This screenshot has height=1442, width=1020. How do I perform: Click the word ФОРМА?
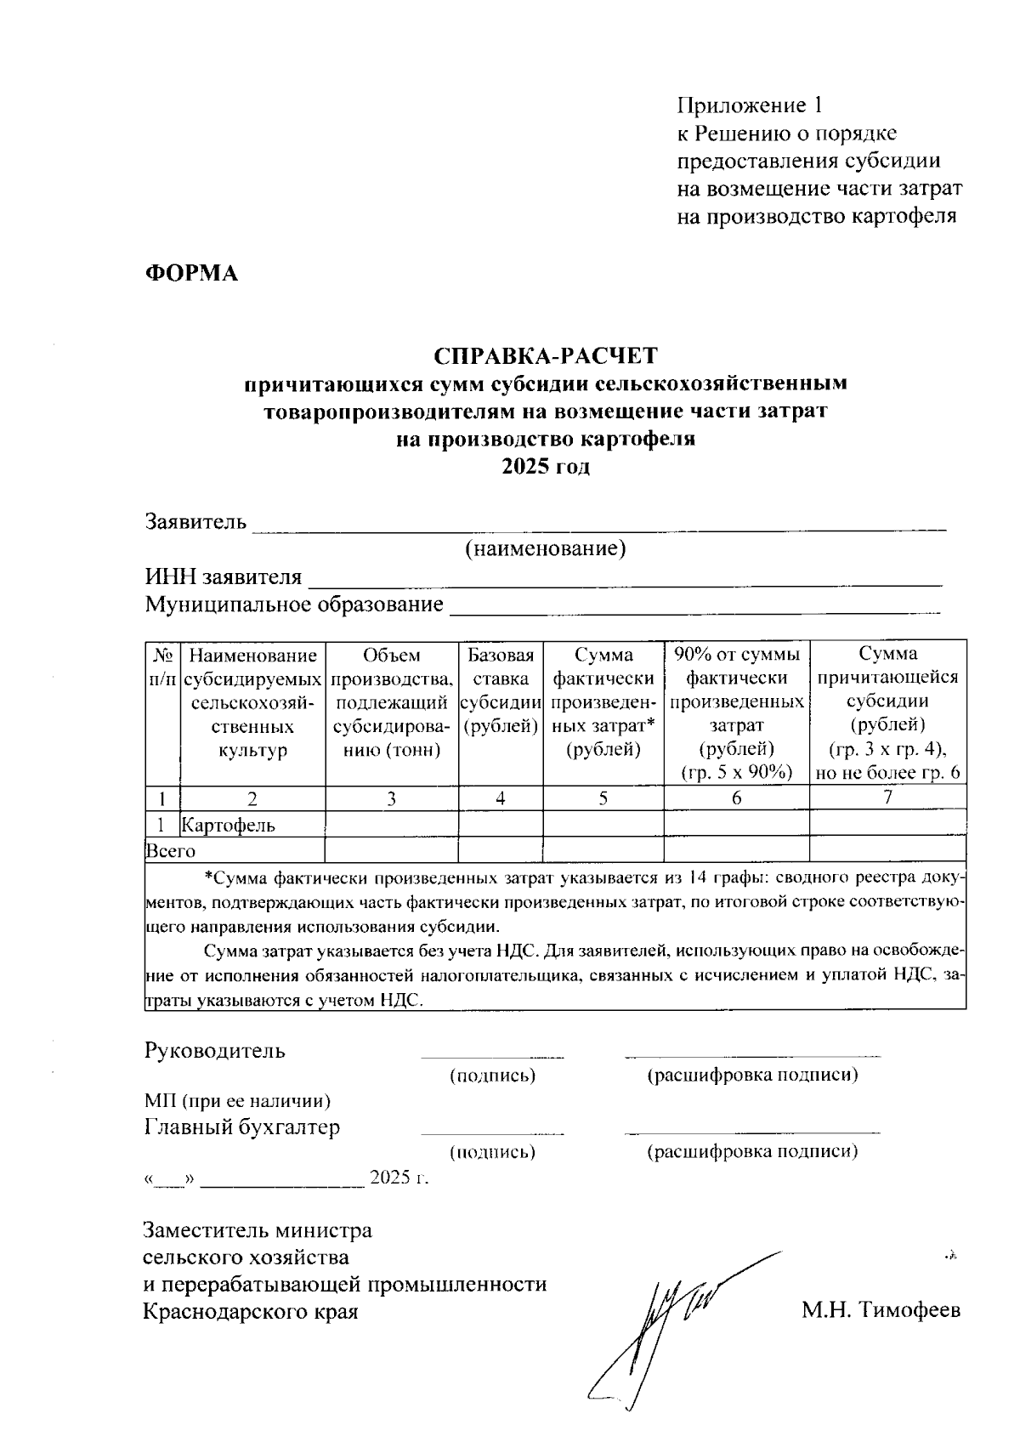[x=190, y=273]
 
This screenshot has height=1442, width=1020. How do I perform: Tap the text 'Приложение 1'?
[x=750, y=105]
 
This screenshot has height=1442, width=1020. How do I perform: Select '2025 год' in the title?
[x=546, y=467]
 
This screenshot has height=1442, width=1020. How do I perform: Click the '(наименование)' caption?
[x=545, y=549]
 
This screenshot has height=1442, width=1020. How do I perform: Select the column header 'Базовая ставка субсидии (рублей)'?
[x=501, y=690]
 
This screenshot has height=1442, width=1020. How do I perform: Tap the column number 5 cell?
[x=603, y=798]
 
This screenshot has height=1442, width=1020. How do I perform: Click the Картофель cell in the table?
[x=229, y=825]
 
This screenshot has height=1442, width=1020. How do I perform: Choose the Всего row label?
[x=171, y=850]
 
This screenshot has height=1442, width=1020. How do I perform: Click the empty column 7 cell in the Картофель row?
[x=887, y=823]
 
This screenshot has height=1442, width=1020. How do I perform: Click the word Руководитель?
[x=215, y=1051]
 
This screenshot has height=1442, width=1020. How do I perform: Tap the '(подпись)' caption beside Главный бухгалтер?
[x=492, y=1152]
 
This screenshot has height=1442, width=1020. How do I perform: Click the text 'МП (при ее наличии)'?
[x=237, y=1100]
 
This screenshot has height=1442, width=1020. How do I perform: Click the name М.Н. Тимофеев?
[x=881, y=1310]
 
